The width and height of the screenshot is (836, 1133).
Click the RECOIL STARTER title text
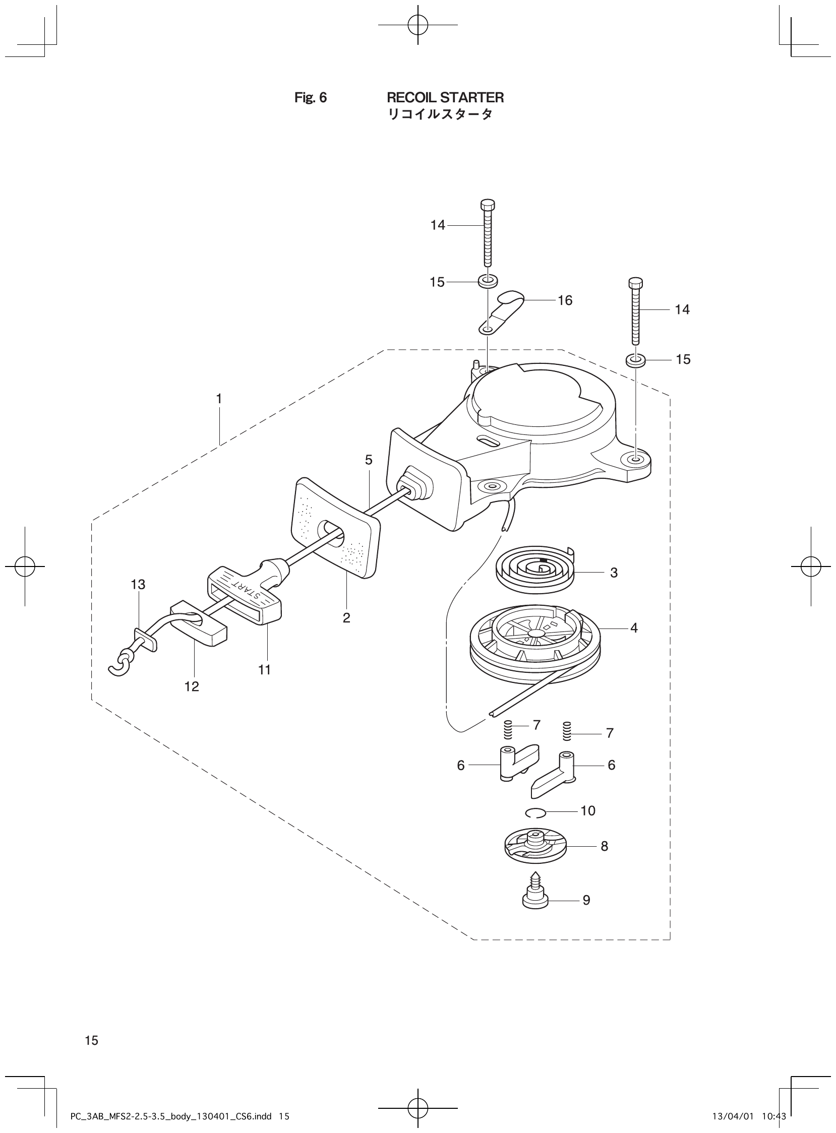pos(445,97)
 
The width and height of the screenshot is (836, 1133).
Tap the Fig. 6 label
pos(310,98)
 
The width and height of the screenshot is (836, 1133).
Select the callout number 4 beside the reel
pos(634,627)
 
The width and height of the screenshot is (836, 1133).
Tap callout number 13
pos(138,585)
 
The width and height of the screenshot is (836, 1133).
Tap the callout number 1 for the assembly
pos(219,399)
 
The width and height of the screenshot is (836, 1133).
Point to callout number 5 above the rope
pos(369,460)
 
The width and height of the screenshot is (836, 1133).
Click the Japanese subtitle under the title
pos(440,115)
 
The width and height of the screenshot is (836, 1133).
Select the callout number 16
pos(565,300)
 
